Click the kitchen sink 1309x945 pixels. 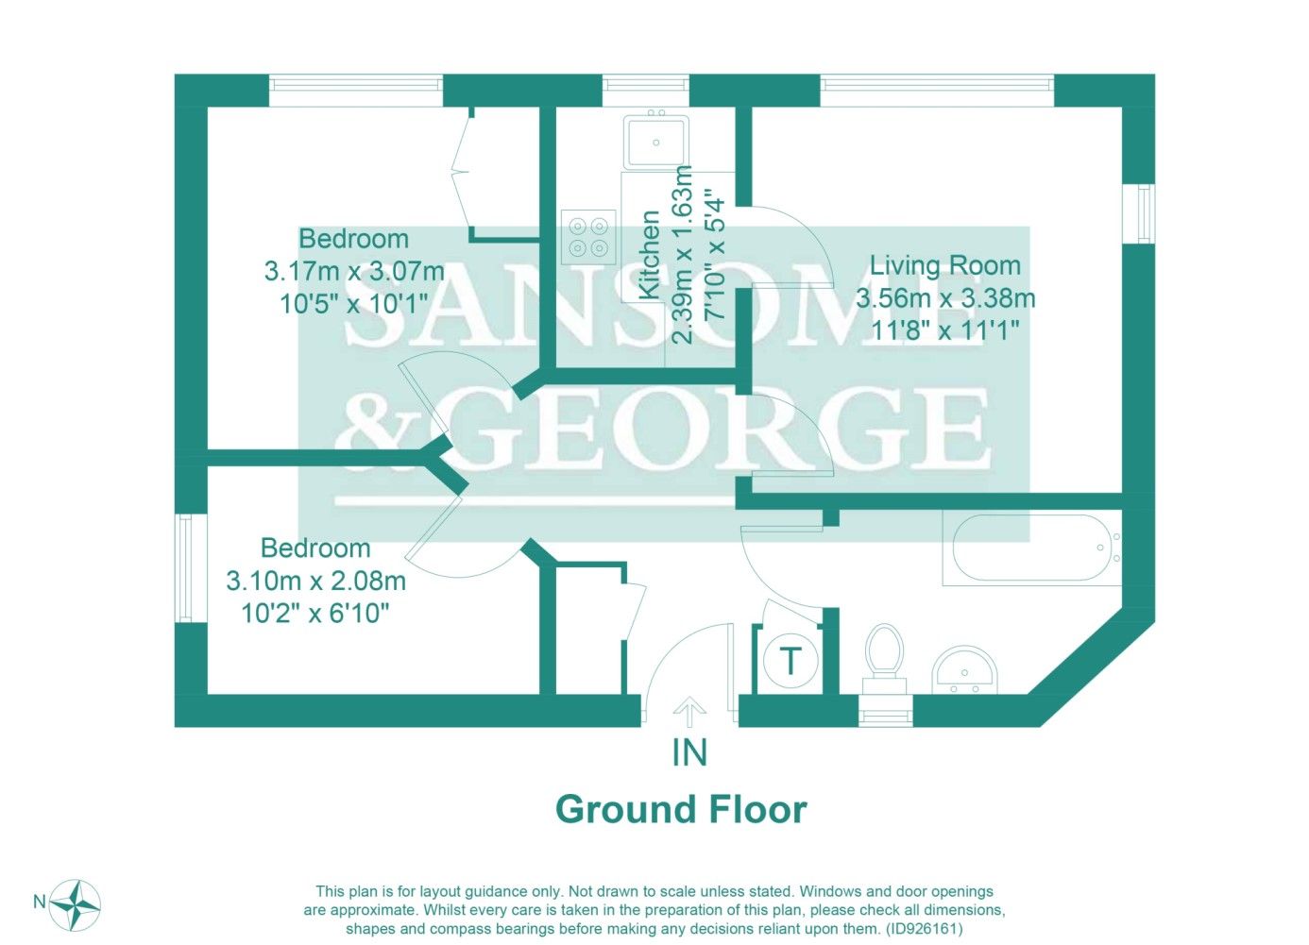click(x=656, y=143)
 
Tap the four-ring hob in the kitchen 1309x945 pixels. click(x=588, y=237)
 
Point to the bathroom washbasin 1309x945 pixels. click(x=964, y=670)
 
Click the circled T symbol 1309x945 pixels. click(x=790, y=662)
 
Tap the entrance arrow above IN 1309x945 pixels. click(x=690, y=712)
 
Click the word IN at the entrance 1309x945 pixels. click(x=689, y=752)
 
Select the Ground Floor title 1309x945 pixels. click(x=681, y=810)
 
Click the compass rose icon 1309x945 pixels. click(x=76, y=904)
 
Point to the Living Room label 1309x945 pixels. click(x=944, y=266)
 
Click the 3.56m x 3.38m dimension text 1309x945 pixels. click(x=945, y=299)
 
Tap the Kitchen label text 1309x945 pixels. click(x=650, y=255)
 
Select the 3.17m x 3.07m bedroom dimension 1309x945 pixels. click(x=354, y=272)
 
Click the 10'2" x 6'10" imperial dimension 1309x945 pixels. click(x=315, y=614)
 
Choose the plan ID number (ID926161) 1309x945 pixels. click(x=924, y=929)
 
